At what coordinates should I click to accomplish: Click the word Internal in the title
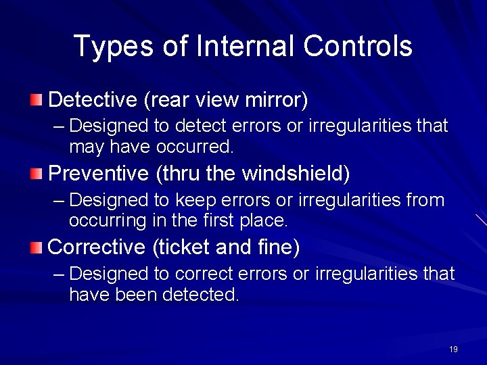coord(245,46)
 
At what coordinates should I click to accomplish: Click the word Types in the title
coord(115,46)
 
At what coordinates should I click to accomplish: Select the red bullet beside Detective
coord(37,101)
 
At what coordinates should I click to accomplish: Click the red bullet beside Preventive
coord(37,174)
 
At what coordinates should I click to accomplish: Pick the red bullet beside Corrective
coord(37,248)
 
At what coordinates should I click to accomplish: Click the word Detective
coord(93,100)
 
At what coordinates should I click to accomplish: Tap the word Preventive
coord(99,174)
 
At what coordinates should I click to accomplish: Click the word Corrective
coord(97,247)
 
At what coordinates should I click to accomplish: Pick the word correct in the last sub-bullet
coord(200,274)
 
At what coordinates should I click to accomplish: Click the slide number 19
coord(453,349)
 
